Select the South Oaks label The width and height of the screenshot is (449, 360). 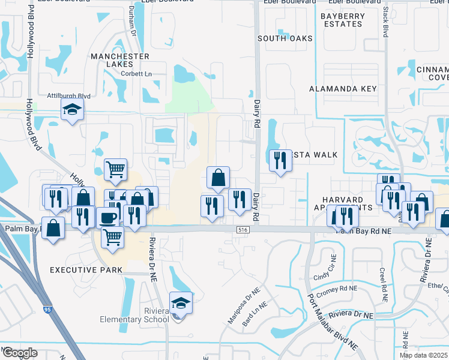(285, 38)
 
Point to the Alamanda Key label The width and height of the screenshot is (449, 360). (343, 89)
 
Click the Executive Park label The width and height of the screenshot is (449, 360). (86, 271)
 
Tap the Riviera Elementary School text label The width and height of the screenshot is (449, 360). (139, 316)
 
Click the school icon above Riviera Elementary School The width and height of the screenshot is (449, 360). (180, 303)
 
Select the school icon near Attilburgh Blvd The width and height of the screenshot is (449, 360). (72, 110)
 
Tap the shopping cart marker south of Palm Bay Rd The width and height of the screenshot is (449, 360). (112, 238)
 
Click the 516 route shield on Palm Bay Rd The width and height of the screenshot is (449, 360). (243, 230)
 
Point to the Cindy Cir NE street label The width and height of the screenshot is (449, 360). (327, 277)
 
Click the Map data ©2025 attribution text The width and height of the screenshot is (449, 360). (423, 355)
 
